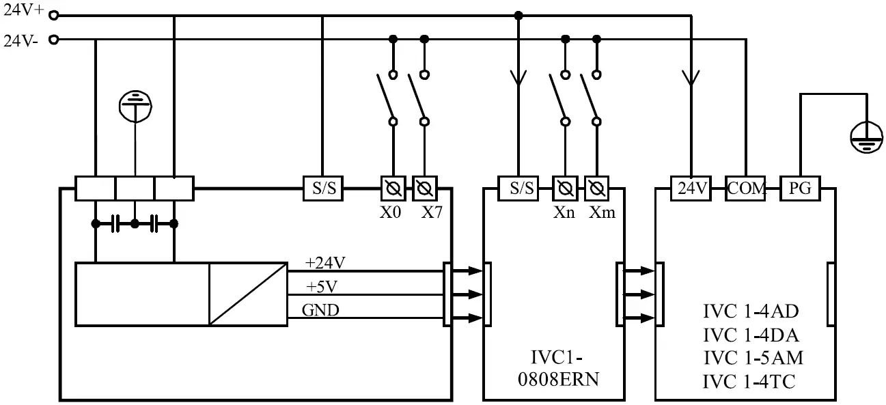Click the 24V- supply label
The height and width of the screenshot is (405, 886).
pyautogui.click(x=21, y=40)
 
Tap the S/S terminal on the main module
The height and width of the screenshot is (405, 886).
pyautogui.click(x=323, y=188)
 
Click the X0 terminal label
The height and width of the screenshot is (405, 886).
pyautogui.click(x=391, y=212)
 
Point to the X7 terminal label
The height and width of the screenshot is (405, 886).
pyautogui.click(x=432, y=212)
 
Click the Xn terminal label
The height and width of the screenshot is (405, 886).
pyautogui.click(x=564, y=212)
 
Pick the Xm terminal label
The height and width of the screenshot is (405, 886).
pyautogui.click(x=602, y=212)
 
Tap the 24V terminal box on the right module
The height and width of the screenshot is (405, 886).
pyautogui.click(x=691, y=188)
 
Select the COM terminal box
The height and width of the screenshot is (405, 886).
pyautogui.click(x=745, y=188)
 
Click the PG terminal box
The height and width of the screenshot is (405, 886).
pyautogui.click(x=799, y=188)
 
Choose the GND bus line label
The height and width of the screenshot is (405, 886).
pyautogui.click(x=320, y=311)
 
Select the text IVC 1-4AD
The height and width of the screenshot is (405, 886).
pyautogui.click(x=751, y=312)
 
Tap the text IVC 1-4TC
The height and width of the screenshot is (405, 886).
pyautogui.click(x=751, y=381)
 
